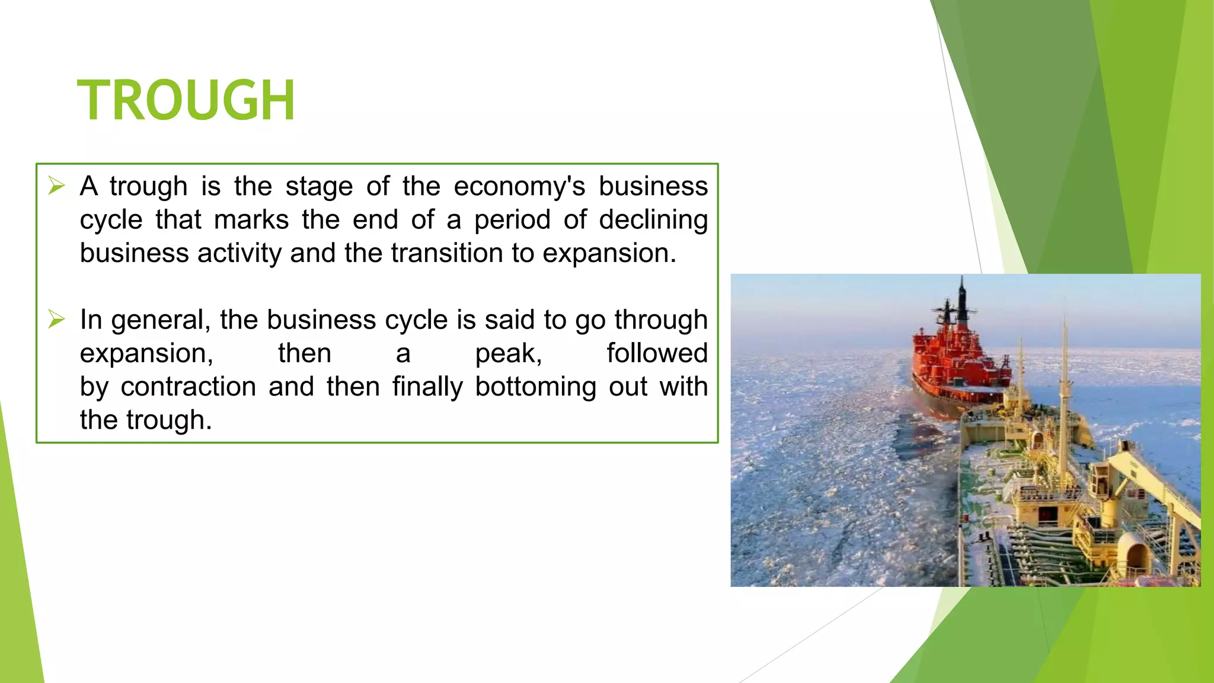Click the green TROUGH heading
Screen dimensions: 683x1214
[x=186, y=100]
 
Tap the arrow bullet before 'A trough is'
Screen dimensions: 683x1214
[x=56, y=186]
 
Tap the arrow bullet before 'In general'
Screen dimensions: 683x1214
[x=56, y=320]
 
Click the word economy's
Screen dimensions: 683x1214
[x=519, y=187]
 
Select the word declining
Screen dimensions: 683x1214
[x=653, y=221]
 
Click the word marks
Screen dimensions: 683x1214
[x=251, y=220]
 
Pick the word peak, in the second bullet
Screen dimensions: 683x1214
[x=509, y=354]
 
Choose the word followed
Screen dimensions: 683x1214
[x=657, y=353]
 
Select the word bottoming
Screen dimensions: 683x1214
[x=535, y=387]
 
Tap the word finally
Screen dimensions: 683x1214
[x=427, y=387]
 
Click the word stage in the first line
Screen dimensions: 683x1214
[x=319, y=187]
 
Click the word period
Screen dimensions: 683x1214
[x=512, y=221]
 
